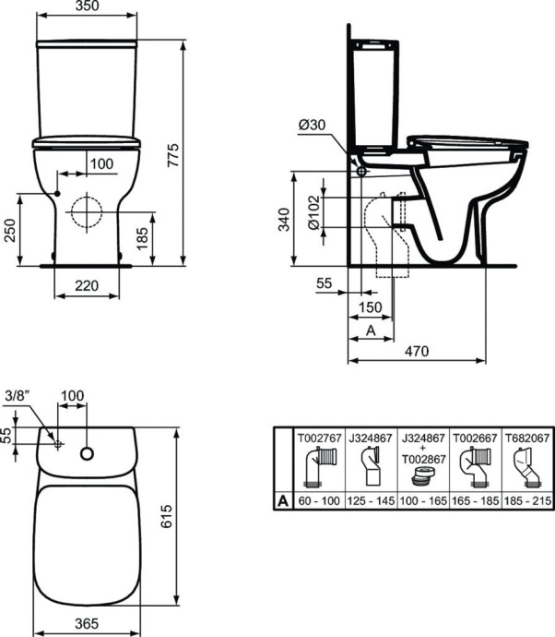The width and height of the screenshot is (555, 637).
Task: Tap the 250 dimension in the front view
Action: click(10, 230)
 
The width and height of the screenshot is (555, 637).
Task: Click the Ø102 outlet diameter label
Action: click(313, 214)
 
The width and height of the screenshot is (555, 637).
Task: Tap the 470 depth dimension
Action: click(419, 351)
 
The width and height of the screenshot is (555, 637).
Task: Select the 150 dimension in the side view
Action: click(370, 307)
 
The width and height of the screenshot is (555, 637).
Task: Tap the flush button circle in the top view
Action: click(87, 453)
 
